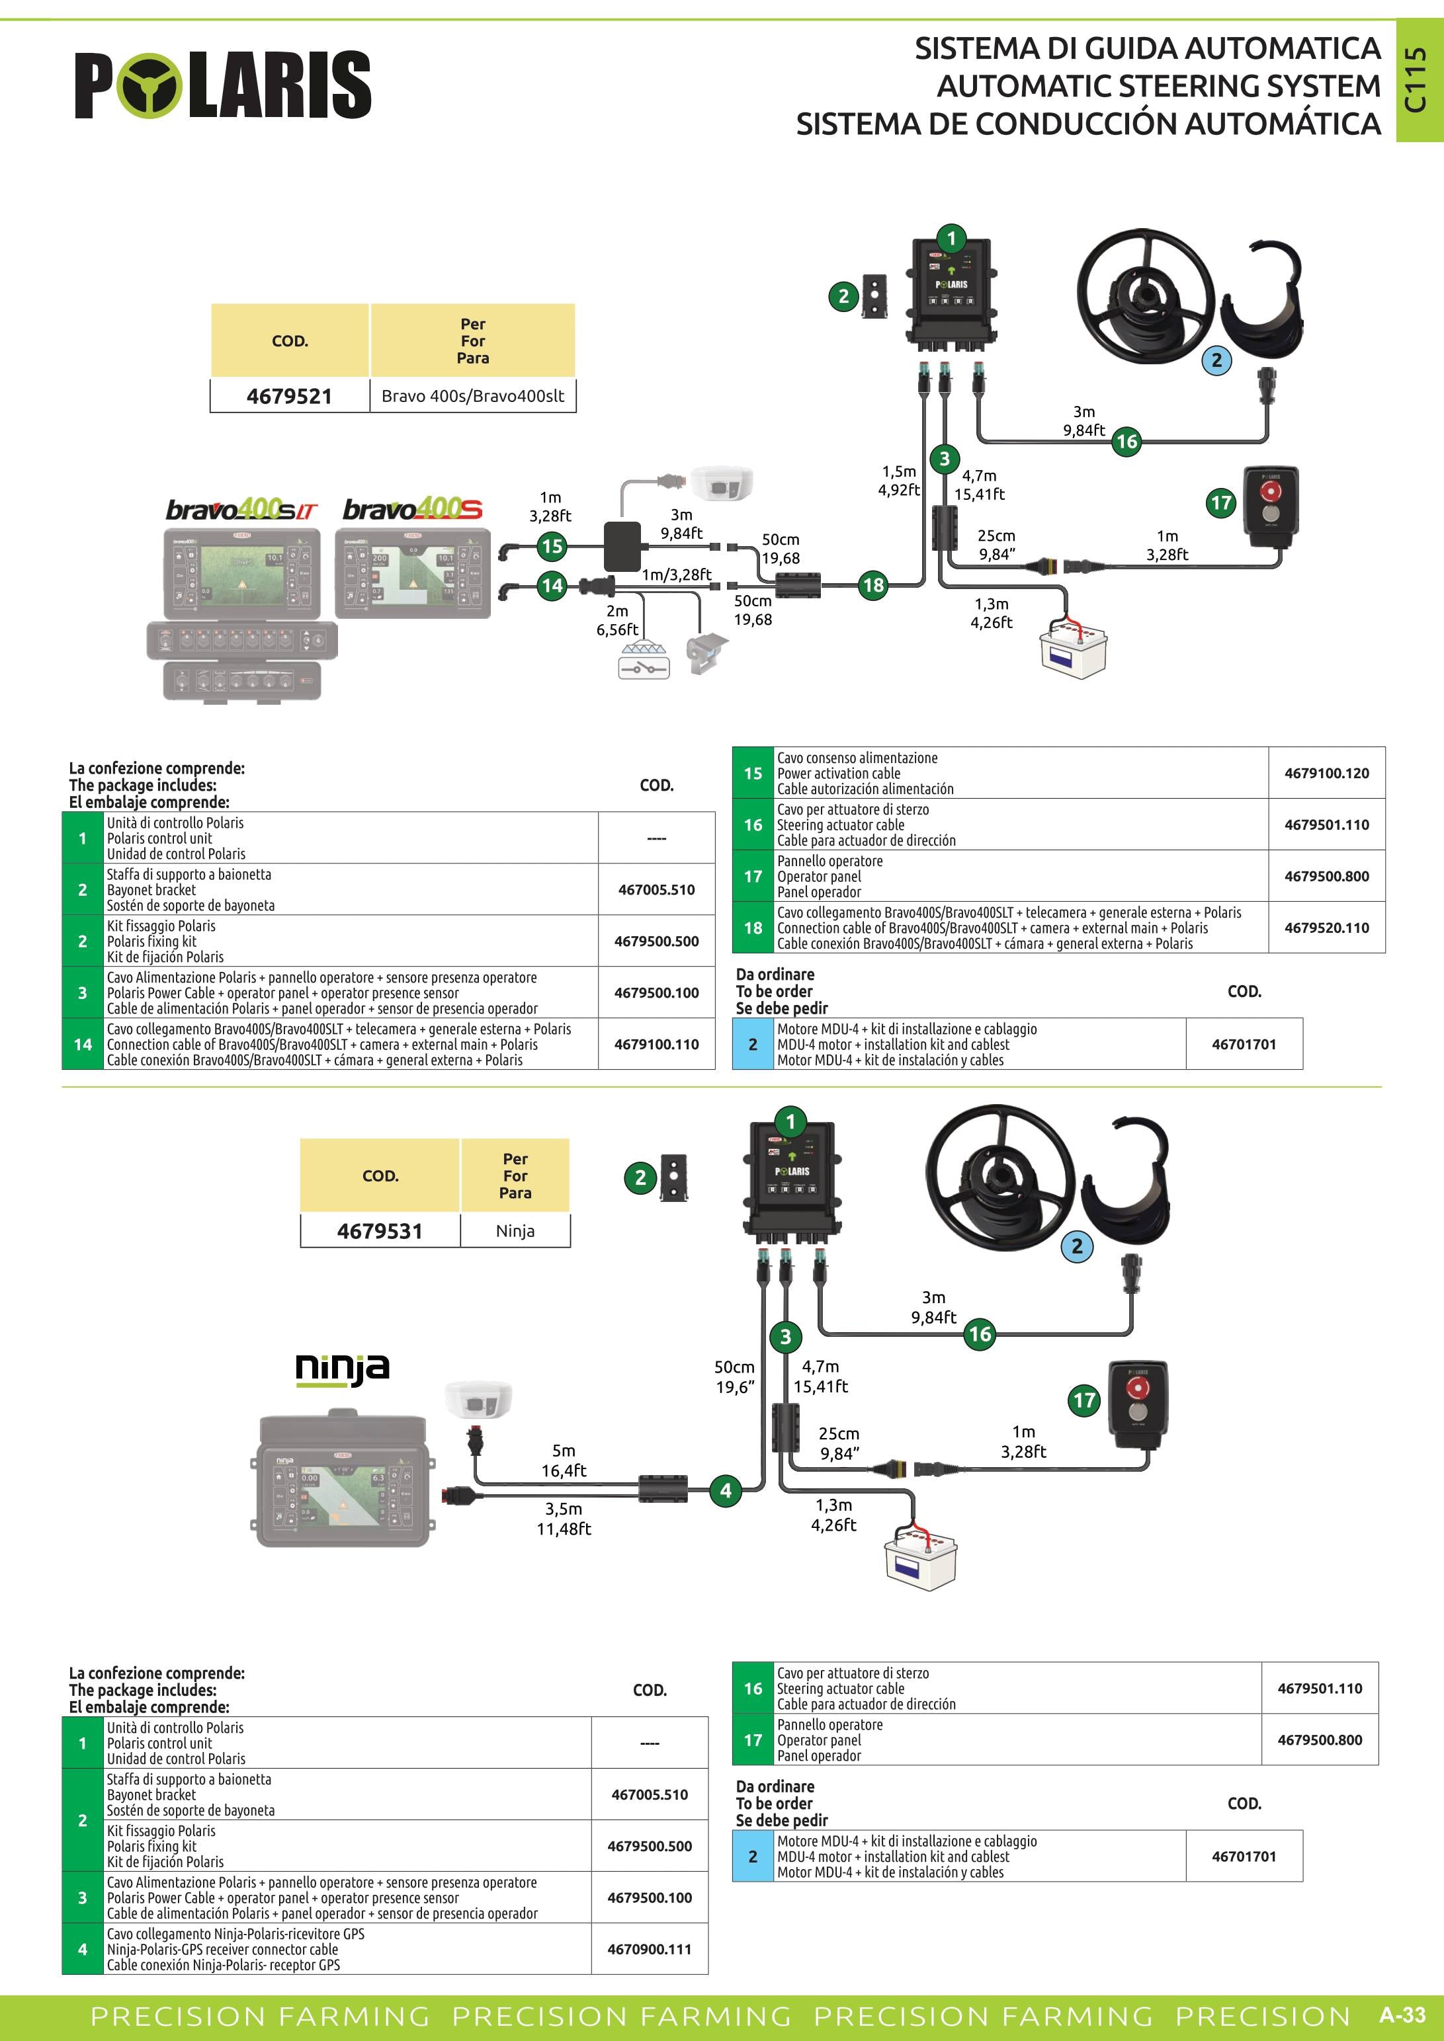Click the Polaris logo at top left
click(222, 85)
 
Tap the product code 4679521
click(289, 397)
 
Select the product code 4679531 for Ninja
click(380, 1231)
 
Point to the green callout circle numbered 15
click(552, 546)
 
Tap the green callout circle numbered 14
click(552, 585)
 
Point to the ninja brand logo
click(343, 1368)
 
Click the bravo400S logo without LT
click(413, 509)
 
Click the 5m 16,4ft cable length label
click(564, 1461)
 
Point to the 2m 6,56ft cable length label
click(617, 620)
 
